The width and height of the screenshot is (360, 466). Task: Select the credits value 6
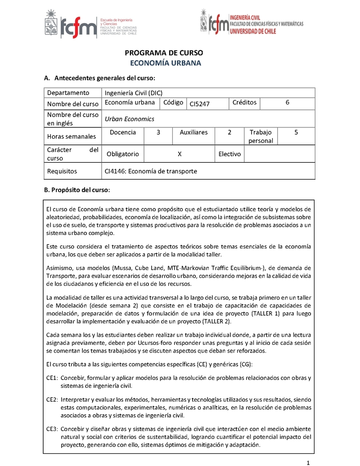(x=287, y=103)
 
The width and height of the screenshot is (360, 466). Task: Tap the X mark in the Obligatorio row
(x=180, y=154)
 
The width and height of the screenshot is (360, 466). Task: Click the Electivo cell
(x=229, y=154)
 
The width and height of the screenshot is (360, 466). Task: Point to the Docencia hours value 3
(x=158, y=132)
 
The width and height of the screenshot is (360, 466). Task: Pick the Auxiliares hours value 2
(x=229, y=132)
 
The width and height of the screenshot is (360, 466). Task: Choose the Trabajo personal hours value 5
(x=296, y=132)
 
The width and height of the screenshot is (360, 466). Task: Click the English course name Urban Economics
(x=129, y=119)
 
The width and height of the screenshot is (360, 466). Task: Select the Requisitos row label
(x=62, y=171)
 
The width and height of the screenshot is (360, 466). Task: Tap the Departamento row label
(x=68, y=93)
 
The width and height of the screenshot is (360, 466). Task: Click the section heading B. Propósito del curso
(x=76, y=190)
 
